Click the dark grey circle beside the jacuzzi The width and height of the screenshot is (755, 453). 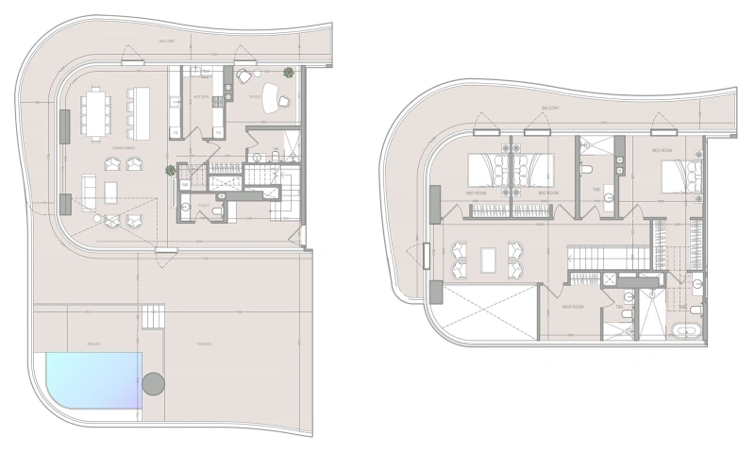click(153, 384)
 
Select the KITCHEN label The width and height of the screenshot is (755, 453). click(201, 97)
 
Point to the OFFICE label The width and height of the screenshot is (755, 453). click(254, 96)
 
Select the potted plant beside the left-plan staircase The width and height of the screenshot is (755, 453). click(171, 171)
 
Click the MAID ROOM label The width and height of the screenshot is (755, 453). click(574, 307)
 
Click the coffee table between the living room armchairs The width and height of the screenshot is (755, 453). click(110, 192)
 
